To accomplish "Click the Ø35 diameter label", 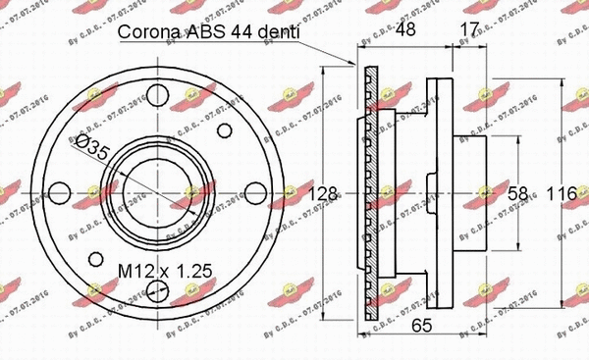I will point(93,150).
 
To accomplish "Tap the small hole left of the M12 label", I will point(95,260).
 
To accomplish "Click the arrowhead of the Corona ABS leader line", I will point(355,65).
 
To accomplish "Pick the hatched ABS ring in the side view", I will point(368,196).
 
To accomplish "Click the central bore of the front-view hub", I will point(157,192).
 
